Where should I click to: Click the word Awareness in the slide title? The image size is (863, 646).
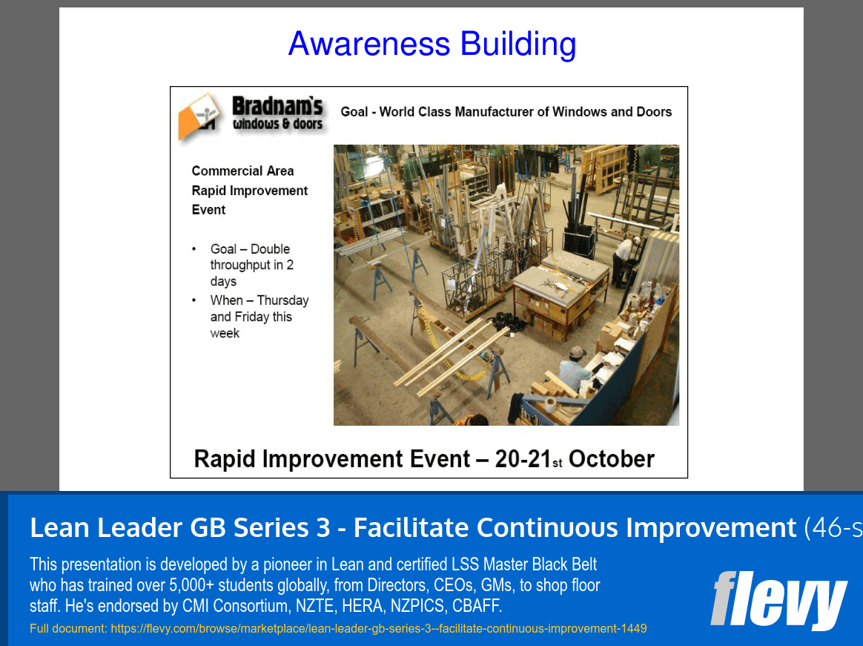[x=369, y=44]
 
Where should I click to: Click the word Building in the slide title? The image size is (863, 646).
[x=518, y=44]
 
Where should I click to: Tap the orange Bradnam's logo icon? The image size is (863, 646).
[x=199, y=116]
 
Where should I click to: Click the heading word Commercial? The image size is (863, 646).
[x=227, y=171]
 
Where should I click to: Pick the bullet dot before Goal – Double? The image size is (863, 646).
[x=194, y=249]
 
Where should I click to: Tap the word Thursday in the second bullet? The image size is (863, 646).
[x=283, y=300]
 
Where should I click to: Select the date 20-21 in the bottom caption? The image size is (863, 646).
[x=523, y=459]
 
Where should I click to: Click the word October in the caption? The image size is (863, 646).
[x=611, y=459]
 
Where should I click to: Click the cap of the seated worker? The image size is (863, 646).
[x=576, y=352]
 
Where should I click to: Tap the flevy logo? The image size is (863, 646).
[x=778, y=600]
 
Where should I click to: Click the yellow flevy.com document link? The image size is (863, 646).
[x=379, y=628]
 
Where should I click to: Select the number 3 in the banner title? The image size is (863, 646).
[x=323, y=527]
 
